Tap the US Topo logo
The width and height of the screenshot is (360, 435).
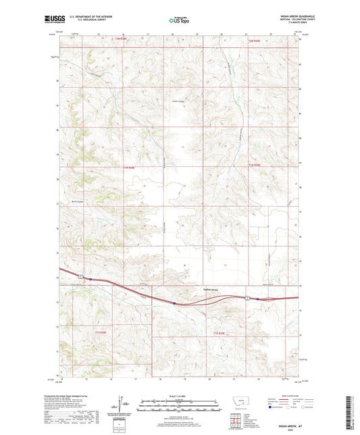[179, 21]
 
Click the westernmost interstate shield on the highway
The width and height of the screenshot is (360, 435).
[80, 276]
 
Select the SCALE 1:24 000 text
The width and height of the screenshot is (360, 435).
[180, 395]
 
